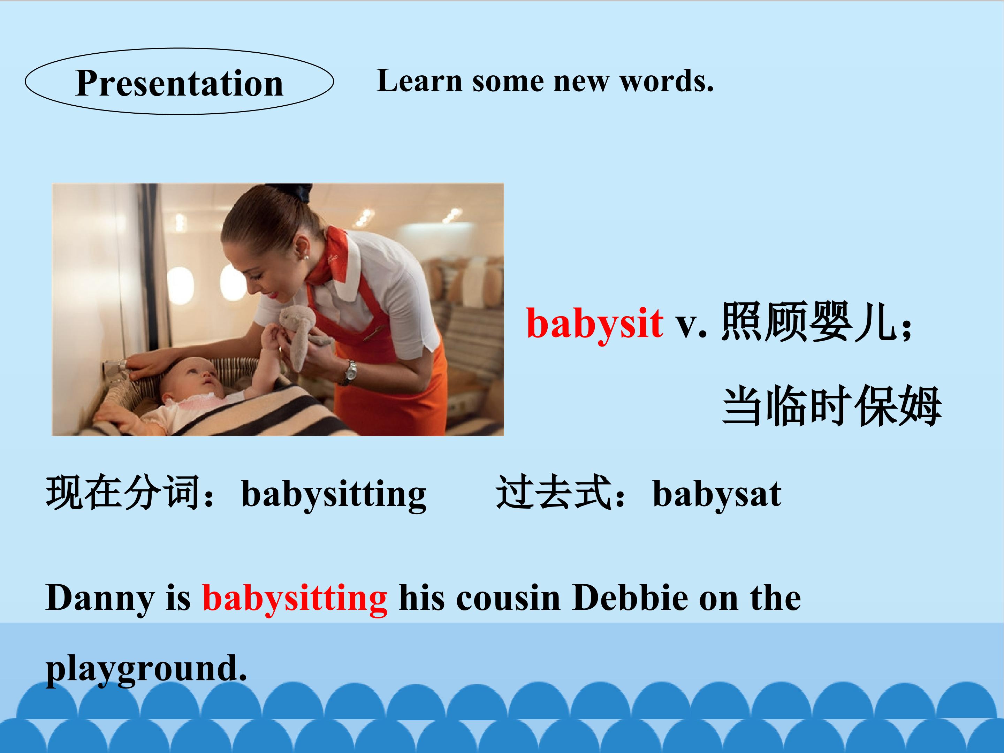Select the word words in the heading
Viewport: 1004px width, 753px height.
[x=667, y=82]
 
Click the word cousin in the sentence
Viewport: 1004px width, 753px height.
[x=508, y=598]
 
